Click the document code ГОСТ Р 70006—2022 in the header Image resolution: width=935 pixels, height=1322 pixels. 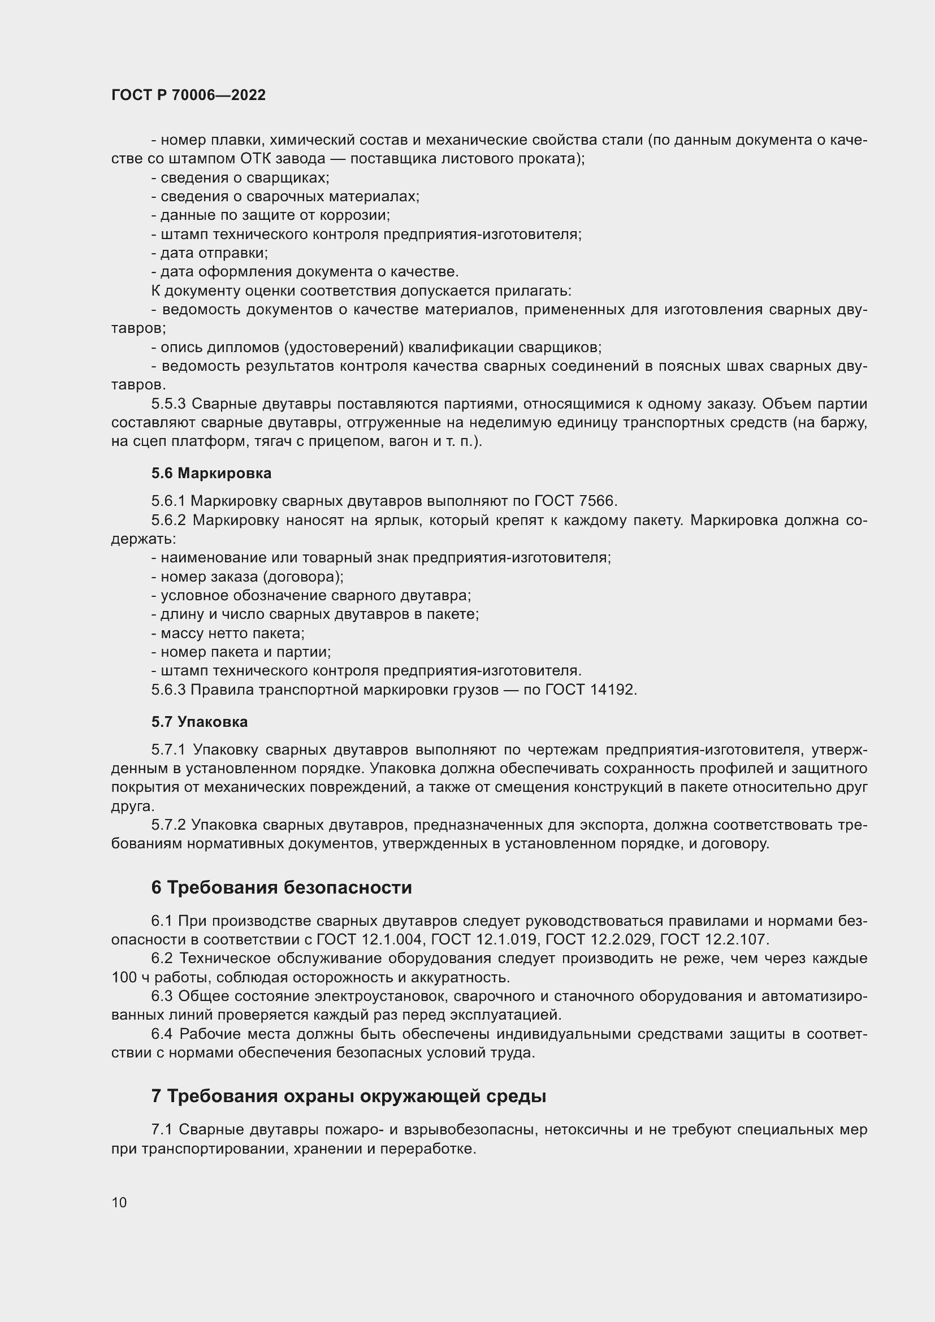click(x=188, y=95)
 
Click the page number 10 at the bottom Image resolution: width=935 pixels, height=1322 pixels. click(x=119, y=1202)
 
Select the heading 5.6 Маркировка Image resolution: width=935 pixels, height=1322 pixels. click(x=211, y=473)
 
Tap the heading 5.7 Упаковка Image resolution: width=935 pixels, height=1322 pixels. click(x=199, y=722)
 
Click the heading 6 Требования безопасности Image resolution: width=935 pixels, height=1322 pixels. click(x=282, y=887)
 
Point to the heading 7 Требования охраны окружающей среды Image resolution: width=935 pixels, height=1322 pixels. click(x=348, y=1096)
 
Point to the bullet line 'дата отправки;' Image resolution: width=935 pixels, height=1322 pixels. click(x=210, y=253)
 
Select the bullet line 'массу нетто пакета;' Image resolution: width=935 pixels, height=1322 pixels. click(x=228, y=634)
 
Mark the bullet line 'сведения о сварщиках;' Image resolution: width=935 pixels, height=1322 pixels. click(x=240, y=178)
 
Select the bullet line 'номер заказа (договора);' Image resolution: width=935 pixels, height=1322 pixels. click(x=248, y=577)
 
